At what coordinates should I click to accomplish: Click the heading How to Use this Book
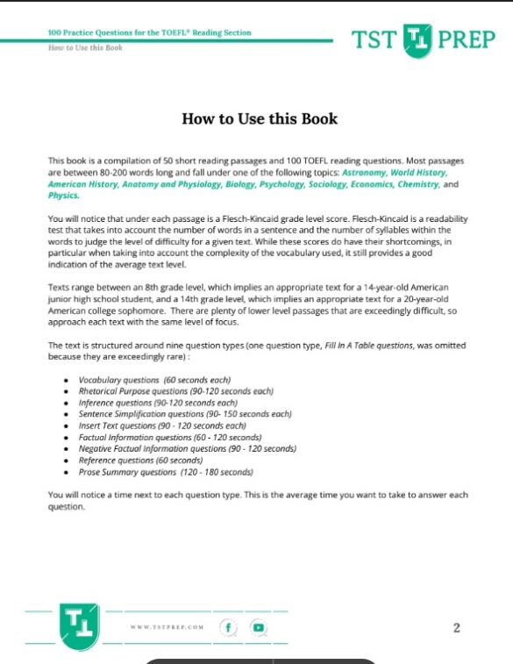tap(259, 118)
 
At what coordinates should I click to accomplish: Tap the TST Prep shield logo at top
tap(419, 39)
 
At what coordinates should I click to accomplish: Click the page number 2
tap(456, 627)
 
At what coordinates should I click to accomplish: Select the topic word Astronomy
tap(365, 174)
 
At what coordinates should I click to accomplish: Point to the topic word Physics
tap(62, 196)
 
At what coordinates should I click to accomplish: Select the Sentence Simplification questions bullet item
tap(184, 414)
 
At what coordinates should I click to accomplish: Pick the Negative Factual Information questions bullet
tap(187, 448)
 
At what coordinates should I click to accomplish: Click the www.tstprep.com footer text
tap(167, 628)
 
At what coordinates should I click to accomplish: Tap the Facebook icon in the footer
tap(229, 627)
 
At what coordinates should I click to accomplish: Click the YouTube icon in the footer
tap(258, 627)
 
